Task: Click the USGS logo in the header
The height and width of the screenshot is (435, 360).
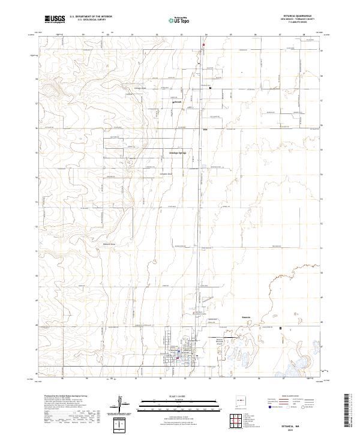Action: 55,19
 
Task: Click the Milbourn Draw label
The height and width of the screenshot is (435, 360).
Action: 108,244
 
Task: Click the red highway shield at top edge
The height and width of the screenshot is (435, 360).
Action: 203,44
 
